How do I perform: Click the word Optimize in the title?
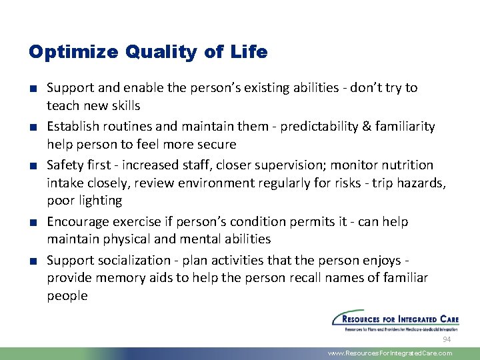click(x=66, y=52)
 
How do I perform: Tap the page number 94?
click(x=447, y=340)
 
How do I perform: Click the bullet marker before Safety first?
click(x=33, y=165)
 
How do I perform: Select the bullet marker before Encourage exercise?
click(x=33, y=222)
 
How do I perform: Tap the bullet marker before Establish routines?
click(x=33, y=127)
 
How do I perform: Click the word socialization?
click(x=139, y=260)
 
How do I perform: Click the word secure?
click(x=215, y=144)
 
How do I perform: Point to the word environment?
click(x=191, y=183)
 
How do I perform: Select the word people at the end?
click(x=67, y=295)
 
